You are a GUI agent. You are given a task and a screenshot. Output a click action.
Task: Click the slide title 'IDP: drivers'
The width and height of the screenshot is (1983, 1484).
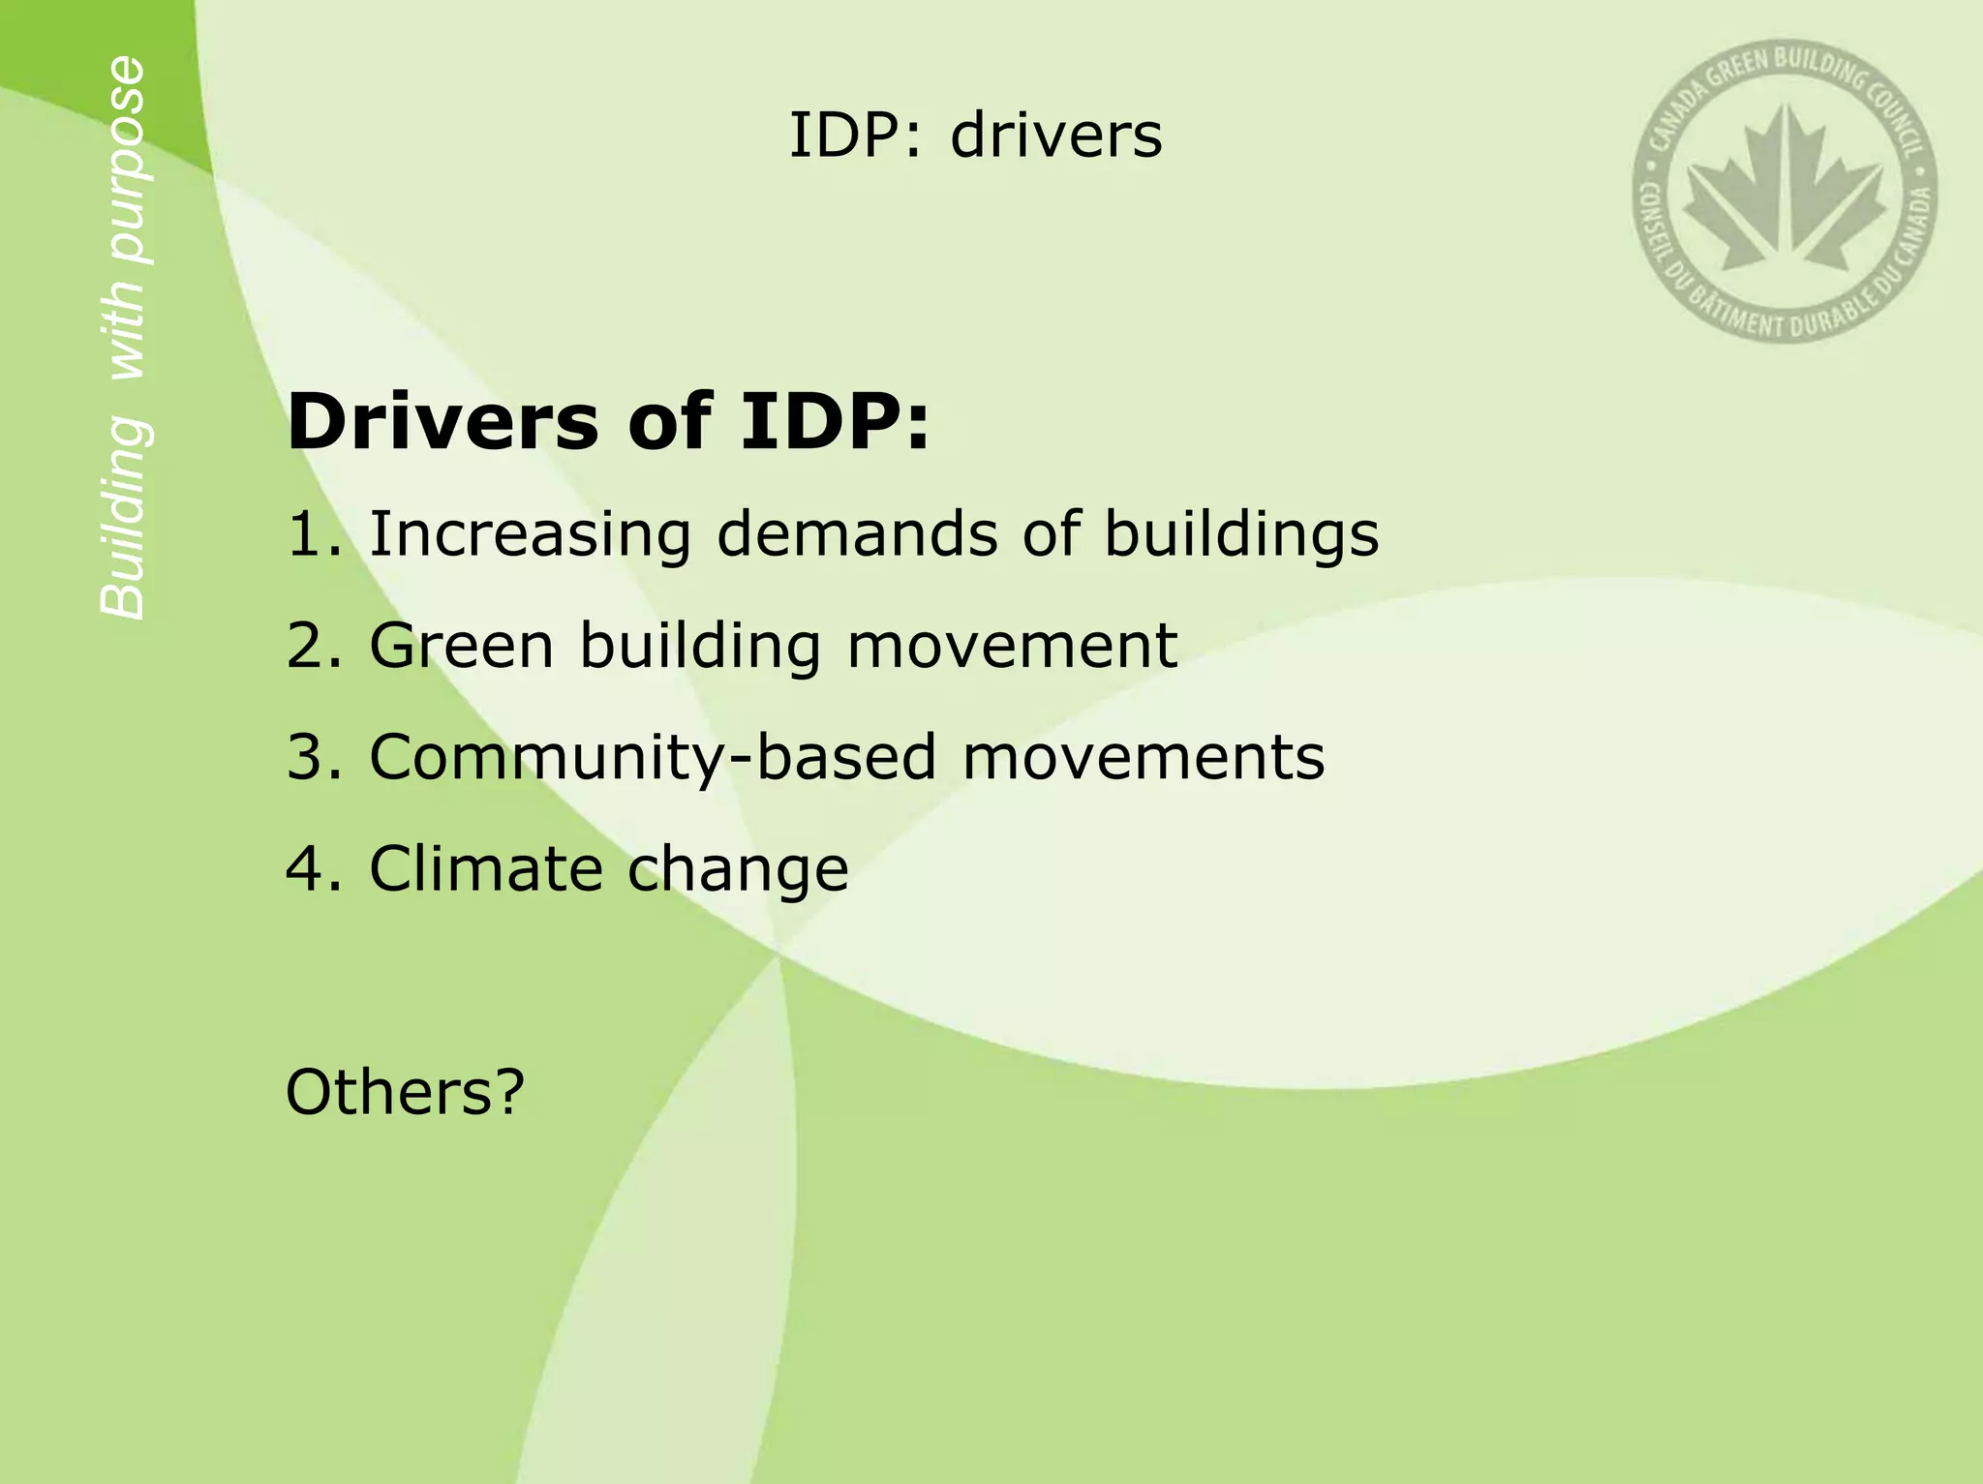point(975,136)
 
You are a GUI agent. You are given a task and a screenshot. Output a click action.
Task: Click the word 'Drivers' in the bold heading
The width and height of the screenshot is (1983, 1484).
point(442,422)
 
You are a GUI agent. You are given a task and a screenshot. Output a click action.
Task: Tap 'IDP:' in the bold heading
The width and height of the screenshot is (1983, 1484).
point(835,422)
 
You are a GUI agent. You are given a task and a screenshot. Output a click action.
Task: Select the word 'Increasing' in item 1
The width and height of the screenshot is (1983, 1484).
point(530,534)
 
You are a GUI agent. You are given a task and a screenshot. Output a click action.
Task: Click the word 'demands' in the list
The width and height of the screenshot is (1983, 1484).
point(857,534)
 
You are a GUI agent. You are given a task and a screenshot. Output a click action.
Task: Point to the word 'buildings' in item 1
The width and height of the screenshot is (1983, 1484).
point(1241,534)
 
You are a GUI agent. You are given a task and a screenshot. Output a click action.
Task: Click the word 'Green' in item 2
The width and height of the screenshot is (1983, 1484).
point(462,646)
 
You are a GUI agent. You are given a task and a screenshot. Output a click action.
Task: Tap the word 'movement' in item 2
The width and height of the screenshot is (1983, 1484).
point(1012,646)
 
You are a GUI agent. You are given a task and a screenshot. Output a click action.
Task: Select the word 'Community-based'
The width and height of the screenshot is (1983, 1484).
point(653,757)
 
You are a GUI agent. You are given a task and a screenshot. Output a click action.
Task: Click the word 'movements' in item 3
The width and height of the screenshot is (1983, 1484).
point(1144,757)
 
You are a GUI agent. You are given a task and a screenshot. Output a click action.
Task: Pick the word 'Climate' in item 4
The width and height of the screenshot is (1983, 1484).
point(485,868)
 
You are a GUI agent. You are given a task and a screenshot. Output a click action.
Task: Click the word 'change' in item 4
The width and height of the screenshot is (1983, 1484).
point(738,868)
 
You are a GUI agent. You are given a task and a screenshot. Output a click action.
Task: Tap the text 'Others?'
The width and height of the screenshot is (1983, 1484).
point(405,1091)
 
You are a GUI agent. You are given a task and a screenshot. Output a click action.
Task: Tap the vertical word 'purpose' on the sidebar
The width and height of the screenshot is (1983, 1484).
point(125,160)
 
